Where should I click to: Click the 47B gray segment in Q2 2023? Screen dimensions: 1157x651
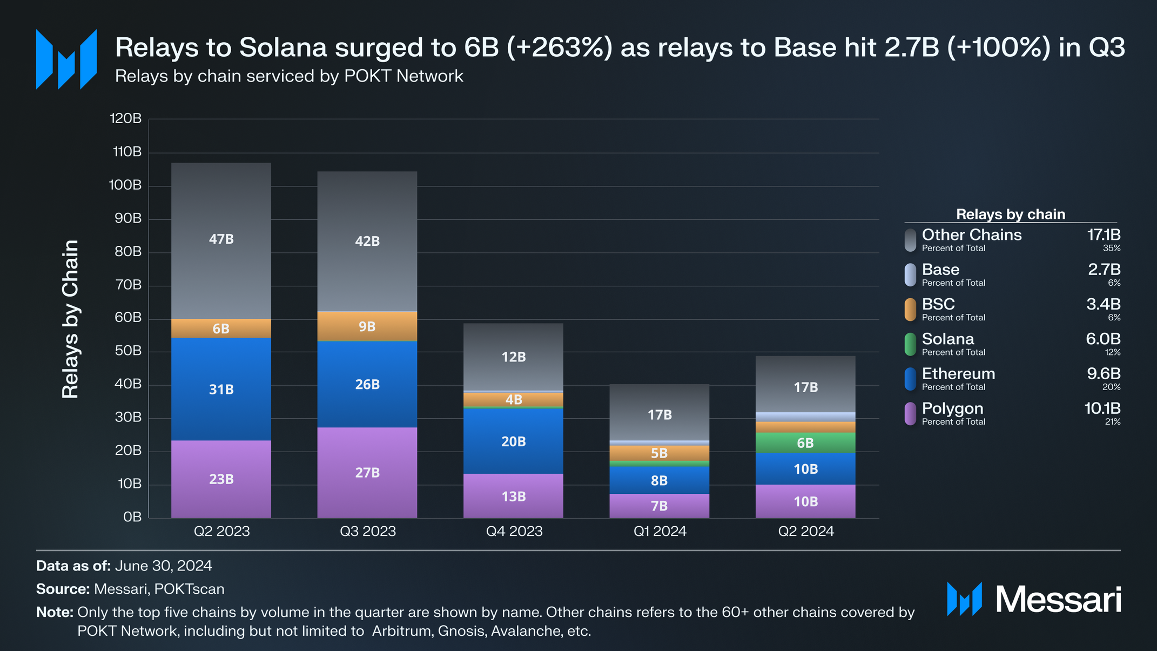click(221, 241)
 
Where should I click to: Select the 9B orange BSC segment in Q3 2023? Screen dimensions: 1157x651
click(367, 326)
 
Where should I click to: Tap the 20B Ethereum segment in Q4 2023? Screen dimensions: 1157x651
click(513, 441)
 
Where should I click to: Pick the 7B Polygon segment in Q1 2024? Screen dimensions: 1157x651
click(659, 506)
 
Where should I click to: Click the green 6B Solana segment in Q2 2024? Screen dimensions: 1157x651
click(805, 442)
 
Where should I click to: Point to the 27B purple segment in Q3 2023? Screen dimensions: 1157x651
click(367, 473)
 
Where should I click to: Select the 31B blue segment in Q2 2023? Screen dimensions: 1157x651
click(221, 389)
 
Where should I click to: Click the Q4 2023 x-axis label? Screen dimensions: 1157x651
click(514, 532)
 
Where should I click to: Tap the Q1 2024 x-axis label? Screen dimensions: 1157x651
click(660, 532)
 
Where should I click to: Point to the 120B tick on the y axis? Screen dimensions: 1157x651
click(125, 118)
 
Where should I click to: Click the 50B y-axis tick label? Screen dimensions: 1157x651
click(128, 351)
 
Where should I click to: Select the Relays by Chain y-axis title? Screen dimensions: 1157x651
click(70, 319)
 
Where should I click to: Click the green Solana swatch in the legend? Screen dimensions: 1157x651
click(910, 344)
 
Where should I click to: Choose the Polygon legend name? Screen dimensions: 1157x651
click(952, 408)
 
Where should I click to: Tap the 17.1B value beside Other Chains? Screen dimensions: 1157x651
click(1104, 235)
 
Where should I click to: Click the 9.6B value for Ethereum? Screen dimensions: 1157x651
click(1104, 374)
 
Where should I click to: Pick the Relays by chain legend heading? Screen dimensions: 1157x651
click(1011, 214)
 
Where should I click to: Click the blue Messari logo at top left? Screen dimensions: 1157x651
click(66, 59)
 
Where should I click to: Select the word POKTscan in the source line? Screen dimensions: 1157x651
click(189, 589)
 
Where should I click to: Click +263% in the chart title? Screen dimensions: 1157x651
click(560, 48)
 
